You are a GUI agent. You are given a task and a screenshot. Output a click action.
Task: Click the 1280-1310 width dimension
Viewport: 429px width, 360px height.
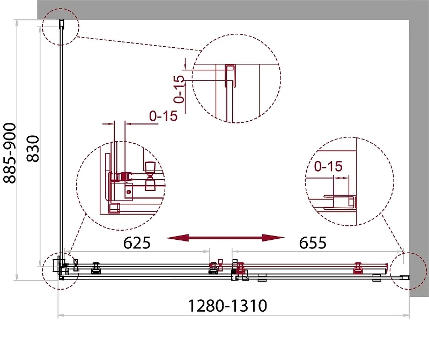(227, 305)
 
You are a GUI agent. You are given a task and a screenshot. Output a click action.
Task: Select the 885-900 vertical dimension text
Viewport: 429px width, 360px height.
(10, 153)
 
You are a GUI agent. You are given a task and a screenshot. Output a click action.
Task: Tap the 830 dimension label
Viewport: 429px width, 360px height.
(33, 149)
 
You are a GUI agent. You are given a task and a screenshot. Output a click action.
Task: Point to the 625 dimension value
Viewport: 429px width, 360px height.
(137, 243)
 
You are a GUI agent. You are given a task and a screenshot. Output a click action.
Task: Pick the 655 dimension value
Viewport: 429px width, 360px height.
(313, 243)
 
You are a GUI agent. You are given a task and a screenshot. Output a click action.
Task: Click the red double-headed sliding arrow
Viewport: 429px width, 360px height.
(225, 238)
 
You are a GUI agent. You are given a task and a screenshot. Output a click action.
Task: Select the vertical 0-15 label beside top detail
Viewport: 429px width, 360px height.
(179, 89)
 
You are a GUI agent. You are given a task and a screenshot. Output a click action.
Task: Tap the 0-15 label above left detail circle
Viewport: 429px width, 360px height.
(164, 116)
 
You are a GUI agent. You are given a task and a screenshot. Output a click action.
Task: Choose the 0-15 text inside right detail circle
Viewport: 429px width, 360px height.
(328, 166)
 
